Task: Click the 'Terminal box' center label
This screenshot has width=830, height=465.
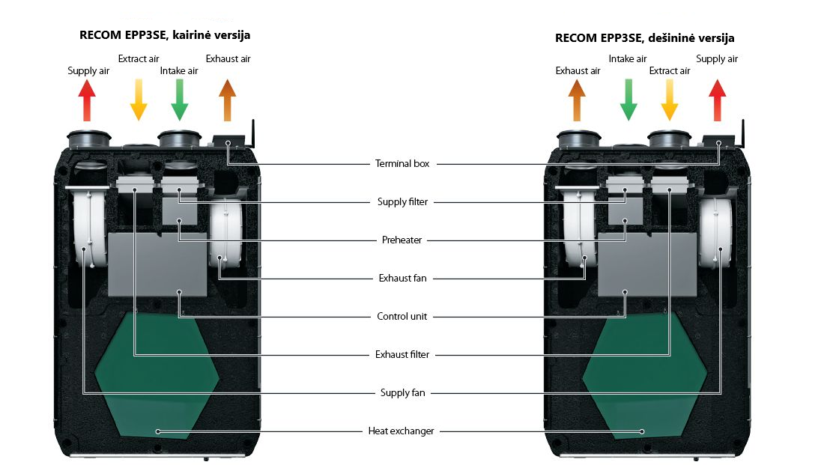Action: point(402,163)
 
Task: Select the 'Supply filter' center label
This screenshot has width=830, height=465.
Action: point(402,202)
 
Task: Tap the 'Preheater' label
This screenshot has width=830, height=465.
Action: point(402,240)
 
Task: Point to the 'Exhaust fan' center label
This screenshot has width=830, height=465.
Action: point(402,279)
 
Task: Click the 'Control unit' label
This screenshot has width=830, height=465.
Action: point(402,317)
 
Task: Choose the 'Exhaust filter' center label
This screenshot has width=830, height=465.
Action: point(402,355)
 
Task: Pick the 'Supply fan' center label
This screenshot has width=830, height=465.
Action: point(402,392)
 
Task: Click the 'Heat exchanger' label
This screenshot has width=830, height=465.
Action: point(402,431)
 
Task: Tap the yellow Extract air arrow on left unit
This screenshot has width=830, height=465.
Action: point(138,100)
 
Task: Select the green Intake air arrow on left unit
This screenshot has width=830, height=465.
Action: point(179,100)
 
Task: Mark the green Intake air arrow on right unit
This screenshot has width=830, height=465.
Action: point(628,100)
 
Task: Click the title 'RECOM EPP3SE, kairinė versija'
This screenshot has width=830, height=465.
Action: point(165,35)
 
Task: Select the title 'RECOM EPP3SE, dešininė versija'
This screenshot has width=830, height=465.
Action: point(644,37)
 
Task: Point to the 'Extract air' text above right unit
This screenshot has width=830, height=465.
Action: point(670,71)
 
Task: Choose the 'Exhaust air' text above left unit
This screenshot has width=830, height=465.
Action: point(228,59)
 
